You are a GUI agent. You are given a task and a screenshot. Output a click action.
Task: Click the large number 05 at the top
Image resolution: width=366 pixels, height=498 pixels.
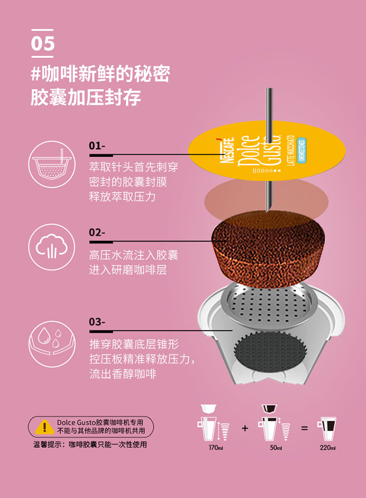[x=43, y=43]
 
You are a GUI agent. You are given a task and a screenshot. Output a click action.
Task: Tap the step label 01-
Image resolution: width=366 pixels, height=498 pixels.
[x=97, y=146]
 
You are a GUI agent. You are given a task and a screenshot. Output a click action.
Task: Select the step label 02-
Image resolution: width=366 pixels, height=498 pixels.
[x=97, y=232]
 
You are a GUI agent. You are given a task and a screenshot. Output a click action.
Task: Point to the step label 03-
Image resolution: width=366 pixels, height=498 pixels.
[x=97, y=322]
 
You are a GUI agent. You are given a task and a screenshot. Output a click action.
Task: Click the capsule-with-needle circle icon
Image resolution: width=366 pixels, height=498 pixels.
[x=52, y=165]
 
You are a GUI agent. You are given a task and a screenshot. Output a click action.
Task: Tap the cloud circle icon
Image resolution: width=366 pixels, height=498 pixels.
[x=52, y=247]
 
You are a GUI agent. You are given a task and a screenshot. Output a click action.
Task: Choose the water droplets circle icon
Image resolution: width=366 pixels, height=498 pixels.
[x=52, y=344]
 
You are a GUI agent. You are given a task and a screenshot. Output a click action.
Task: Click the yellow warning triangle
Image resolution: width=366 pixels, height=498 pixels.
[x=44, y=427]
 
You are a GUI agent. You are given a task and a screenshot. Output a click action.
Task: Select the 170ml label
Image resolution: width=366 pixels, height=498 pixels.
[x=216, y=448]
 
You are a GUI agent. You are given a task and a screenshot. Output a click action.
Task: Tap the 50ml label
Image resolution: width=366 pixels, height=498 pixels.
[x=276, y=448]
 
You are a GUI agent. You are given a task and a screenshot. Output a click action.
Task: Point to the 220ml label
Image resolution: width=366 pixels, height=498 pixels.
[x=327, y=448]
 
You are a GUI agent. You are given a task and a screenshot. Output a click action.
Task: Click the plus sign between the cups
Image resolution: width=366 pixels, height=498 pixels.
[x=244, y=428]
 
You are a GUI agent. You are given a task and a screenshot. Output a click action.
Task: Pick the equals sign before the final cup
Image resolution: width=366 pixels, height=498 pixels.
[x=305, y=428]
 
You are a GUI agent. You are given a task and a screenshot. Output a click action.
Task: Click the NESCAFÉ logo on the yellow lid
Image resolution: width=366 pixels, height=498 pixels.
[x=227, y=150]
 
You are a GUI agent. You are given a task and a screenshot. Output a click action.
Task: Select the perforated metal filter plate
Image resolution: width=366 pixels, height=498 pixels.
[x=269, y=305]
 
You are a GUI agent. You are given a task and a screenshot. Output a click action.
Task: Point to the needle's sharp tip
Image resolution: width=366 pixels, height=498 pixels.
[x=267, y=211]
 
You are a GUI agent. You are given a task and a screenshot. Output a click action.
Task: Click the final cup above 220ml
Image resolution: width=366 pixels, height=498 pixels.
[x=327, y=429]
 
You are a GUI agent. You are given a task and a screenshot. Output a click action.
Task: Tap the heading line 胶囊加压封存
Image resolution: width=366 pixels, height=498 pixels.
[x=86, y=97]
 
